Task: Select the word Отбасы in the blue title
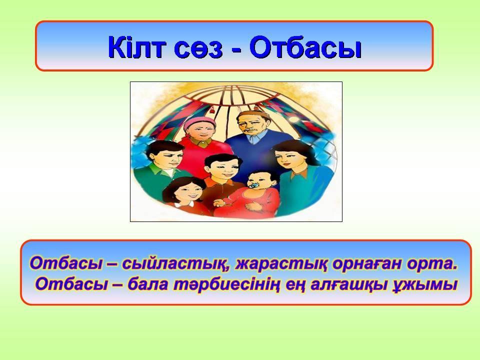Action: coord(305,47)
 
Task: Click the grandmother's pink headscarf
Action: coord(198,122)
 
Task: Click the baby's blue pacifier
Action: coord(253,186)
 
